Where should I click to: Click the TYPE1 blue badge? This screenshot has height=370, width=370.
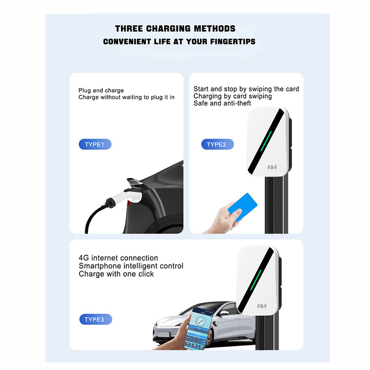95,145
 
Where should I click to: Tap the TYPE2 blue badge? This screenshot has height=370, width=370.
217,145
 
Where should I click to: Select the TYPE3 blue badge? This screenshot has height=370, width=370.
95,319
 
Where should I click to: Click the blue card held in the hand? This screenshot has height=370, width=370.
241,206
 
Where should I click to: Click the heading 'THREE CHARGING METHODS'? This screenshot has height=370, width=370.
175,29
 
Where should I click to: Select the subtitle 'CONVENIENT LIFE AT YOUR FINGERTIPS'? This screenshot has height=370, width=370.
179,42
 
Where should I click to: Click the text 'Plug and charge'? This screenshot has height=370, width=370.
101,91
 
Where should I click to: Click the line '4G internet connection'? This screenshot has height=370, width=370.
118,258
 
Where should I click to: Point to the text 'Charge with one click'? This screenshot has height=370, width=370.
116,274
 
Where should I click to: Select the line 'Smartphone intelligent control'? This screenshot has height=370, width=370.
131,266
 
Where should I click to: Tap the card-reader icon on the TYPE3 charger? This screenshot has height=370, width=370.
262,306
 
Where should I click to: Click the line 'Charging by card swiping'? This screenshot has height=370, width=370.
233,96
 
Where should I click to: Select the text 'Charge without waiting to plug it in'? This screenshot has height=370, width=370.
126,98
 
